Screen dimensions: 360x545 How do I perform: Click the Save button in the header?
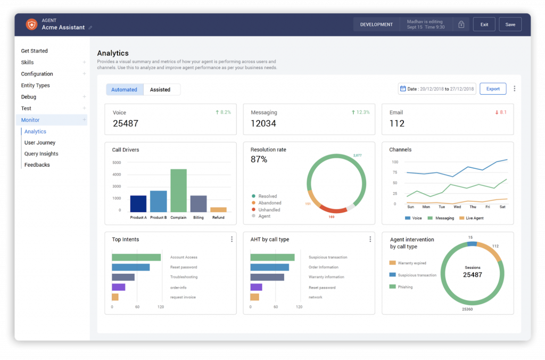point(510,24)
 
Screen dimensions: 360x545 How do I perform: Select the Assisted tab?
point(160,89)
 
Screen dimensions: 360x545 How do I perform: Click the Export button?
point(493,89)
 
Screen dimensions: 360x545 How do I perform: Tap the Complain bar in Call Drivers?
point(178,190)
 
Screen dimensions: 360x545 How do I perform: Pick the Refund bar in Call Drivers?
point(218,210)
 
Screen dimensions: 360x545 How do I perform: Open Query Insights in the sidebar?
point(41,154)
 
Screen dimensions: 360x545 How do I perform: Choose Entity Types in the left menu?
point(35,85)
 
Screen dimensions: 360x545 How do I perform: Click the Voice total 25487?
point(126,124)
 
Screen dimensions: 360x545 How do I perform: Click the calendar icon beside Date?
point(403,89)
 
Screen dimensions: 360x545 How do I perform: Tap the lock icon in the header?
point(461,24)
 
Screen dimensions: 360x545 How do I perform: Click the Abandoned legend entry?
point(270,203)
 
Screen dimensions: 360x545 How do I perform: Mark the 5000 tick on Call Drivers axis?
point(117,162)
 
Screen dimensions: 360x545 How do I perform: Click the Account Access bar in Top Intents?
point(136,257)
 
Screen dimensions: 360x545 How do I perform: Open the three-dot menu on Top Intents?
point(232,240)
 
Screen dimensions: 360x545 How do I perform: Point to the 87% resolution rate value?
point(259,159)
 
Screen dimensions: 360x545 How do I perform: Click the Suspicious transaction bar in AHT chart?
point(272,257)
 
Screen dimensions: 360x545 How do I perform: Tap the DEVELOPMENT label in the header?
point(376,24)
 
